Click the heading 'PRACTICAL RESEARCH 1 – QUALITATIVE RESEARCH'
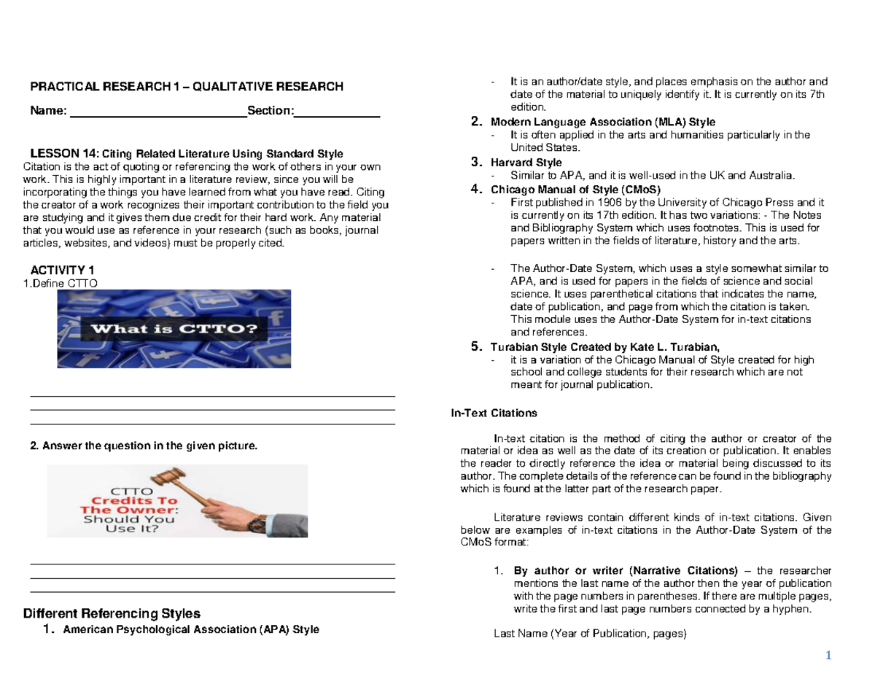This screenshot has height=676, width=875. (x=186, y=87)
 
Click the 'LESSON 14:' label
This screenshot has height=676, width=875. (x=63, y=153)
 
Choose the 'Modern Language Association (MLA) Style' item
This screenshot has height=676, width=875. (x=603, y=122)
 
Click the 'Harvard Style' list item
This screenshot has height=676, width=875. (x=526, y=162)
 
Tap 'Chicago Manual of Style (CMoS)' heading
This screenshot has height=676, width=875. (x=575, y=189)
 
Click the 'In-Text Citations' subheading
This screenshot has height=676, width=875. (x=494, y=413)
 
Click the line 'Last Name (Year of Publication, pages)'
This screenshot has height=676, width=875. (x=590, y=634)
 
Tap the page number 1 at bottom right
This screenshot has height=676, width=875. (x=828, y=655)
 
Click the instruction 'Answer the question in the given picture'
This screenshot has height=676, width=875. (x=144, y=445)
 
